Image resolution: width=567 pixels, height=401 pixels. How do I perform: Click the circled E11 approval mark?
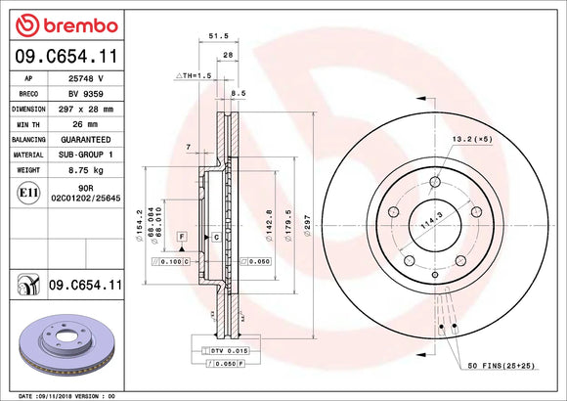pyautogui.click(x=28, y=194)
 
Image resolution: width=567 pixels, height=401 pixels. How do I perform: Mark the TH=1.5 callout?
pyautogui.click(x=194, y=75)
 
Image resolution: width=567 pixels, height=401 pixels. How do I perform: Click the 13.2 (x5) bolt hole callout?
pyautogui.click(x=471, y=140)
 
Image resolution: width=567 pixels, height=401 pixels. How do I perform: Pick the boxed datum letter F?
pyautogui.click(x=181, y=238)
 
